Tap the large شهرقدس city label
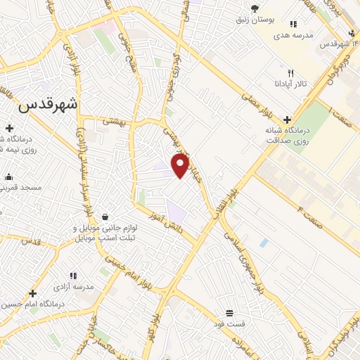tap(47, 105)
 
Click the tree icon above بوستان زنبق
tap(255, 8)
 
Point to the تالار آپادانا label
tap(290, 84)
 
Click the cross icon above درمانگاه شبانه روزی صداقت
tap(286, 120)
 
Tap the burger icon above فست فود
tap(229, 314)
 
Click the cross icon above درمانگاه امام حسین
tap(32, 292)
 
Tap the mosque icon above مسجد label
tap(8, 177)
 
